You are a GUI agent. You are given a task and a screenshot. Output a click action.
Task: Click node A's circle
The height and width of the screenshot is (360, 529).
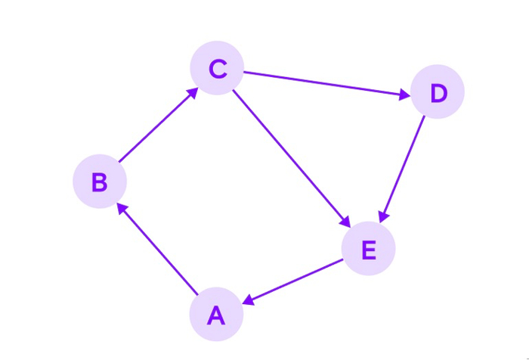pyautogui.click(x=216, y=314)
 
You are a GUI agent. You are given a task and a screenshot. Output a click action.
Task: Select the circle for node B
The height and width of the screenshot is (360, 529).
pyautogui.click(x=100, y=182)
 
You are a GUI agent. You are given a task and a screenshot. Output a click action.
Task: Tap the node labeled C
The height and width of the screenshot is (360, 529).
pyautogui.click(x=217, y=68)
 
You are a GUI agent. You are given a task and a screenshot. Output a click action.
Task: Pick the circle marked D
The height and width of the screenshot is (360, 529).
pyautogui.click(x=438, y=92)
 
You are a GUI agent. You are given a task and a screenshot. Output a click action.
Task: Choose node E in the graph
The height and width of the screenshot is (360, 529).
pyautogui.click(x=369, y=249)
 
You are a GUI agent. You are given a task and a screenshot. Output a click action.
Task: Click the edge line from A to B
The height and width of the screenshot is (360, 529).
pyautogui.click(x=157, y=249)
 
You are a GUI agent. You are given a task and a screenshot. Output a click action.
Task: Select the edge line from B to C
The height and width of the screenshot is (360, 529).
pyautogui.click(x=158, y=125)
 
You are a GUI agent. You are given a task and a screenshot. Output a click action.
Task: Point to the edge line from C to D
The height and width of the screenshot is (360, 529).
pyautogui.click(x=327, y=84)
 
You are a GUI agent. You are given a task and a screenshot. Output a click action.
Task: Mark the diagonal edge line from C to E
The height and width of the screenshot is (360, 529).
pyautogui.click(x=292, y=158)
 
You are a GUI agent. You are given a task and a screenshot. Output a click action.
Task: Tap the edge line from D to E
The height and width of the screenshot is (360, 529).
pyautogui.click(x=402, y=169)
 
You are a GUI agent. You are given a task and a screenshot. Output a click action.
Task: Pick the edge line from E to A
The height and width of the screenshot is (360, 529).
pyautogui.click(x=293, y=281)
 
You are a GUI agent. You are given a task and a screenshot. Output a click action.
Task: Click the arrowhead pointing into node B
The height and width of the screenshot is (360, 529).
pyautogui.click(x=122, y=209)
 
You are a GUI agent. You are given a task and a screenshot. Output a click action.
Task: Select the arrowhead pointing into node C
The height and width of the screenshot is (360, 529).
pyautogui.click(x=193, y=92)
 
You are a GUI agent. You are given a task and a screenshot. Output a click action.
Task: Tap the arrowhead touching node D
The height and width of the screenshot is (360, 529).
pyautogui.click(x=405, y=95)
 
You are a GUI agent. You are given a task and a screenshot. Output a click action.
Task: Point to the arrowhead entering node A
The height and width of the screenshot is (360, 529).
pyautogui.click(x=249, y=300)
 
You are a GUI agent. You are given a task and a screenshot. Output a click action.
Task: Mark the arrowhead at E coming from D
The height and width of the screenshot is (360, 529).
pyautogui.click(x=384, y=217)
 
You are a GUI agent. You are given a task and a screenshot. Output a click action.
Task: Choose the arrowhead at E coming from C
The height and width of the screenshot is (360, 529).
pyautogui.click(x=345, y=222)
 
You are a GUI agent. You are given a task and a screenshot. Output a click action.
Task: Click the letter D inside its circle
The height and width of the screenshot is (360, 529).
pyautogui.click(x=439, y=93)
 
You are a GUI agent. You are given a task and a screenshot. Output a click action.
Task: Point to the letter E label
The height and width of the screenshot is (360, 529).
pyautogui.click(x=369, y=250)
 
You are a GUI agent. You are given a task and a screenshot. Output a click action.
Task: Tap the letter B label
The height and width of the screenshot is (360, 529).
pyautogui.click(x=100, y=182)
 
